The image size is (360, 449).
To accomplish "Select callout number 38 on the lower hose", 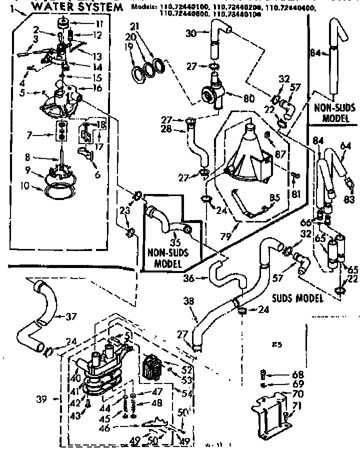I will (x=188, y=301).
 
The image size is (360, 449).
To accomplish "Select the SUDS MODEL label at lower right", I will (x=296, y=298).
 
